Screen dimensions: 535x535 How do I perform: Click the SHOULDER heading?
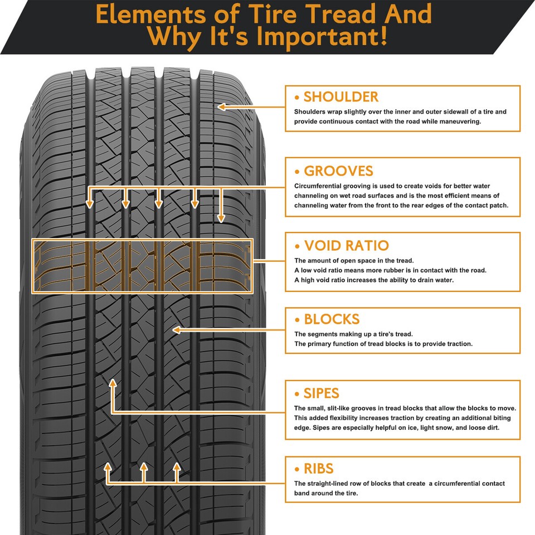point(341,97)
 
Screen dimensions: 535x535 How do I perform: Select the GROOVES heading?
point(338,171)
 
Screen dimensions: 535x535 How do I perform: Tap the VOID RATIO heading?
point(346,246)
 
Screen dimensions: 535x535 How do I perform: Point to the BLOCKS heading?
point(332,319)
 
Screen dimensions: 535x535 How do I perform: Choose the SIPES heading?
point(321,393)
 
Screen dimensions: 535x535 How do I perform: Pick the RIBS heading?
point(318,468)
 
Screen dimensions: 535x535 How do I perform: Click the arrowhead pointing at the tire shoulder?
point(221,106)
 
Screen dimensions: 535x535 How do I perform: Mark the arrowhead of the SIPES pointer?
point(113,383)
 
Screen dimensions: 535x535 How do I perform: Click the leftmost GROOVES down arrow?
point(90,205)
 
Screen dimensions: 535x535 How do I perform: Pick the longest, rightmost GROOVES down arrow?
point(221,218)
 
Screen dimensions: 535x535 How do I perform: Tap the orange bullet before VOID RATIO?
point(297,246)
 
